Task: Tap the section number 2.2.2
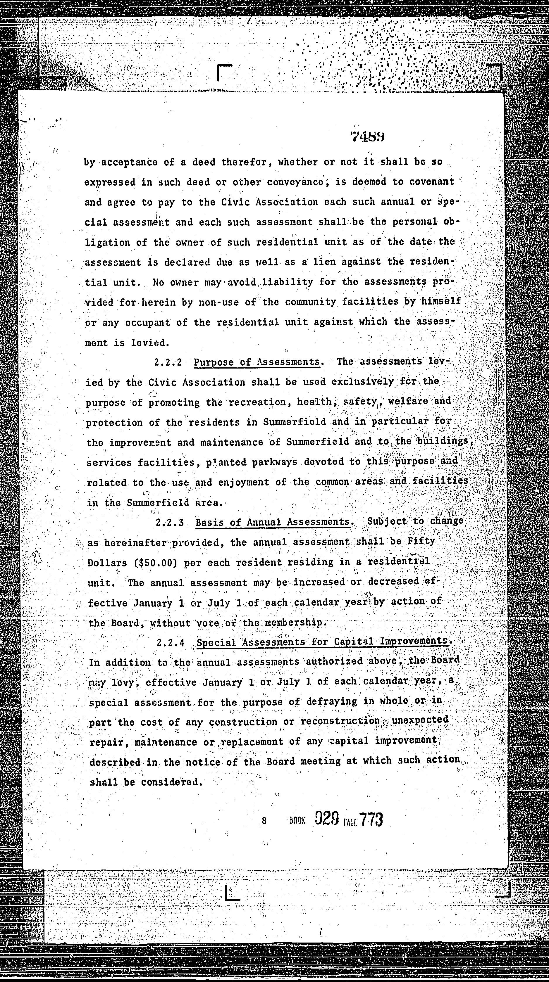(168, 362)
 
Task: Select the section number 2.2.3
(170, 523)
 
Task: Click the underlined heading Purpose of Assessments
(257, 362)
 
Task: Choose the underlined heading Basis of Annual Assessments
(272, 522)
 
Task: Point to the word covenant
(431, 182)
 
